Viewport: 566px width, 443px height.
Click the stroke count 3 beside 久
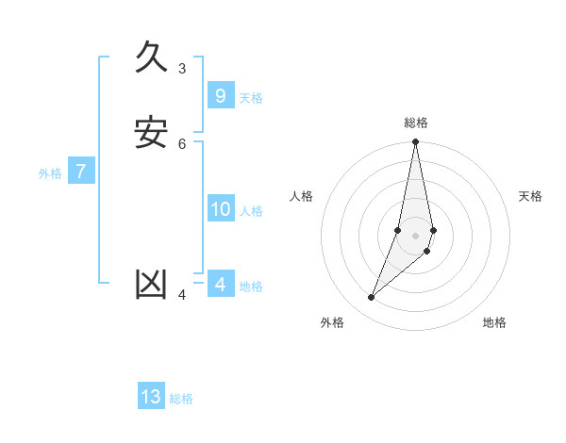point(182,68)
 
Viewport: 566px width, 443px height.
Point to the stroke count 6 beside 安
point(182,143)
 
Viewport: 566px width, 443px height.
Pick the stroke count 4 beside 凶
point(182,295)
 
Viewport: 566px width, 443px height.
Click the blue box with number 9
point(220,96)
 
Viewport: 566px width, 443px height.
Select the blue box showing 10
point(220,209)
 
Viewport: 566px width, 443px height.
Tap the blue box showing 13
point(151,397)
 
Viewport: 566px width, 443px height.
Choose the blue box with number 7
point(81,172)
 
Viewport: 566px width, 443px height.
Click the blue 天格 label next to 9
point(251,98)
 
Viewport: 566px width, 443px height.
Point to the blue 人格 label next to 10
point(251,211)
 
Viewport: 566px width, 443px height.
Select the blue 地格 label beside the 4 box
point(251,287)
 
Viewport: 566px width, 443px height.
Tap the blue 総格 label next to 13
point(181,399)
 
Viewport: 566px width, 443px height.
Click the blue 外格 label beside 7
point(50,173)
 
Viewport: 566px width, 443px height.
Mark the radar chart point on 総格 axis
point(415,142)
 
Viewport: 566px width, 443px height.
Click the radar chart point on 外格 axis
point(371,298)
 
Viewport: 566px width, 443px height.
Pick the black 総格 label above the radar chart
point(416,123)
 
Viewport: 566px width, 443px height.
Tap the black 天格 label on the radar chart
point(530,196)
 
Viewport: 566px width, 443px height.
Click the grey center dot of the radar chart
point(415,236)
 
